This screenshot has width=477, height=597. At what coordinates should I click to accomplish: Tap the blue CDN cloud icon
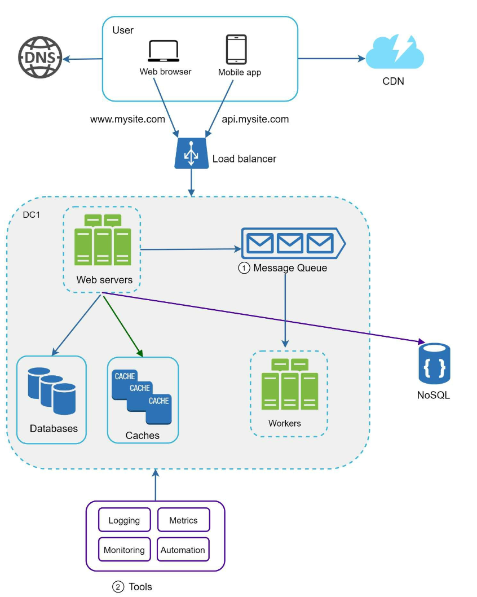point(394,52)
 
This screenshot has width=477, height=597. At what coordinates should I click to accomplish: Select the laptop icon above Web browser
point(164,51)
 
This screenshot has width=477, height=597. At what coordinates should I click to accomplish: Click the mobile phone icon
point(236,50)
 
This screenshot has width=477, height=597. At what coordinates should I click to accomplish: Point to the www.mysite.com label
point(127,120)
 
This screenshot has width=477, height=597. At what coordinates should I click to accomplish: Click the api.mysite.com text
point(255,120)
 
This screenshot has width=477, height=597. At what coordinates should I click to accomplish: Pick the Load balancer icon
point(191,152)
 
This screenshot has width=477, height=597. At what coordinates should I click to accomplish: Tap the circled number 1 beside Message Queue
point(244,269)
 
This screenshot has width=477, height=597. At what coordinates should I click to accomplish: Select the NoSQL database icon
point(434,363)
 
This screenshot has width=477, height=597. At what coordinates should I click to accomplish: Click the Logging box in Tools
point(124,520)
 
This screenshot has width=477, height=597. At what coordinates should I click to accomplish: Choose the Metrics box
point(183,520)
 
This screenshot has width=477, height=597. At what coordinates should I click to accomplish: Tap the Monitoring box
point(124,550)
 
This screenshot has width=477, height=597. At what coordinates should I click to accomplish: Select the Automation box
point(183,550)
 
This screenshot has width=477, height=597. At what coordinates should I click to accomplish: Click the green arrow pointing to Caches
point(122,326)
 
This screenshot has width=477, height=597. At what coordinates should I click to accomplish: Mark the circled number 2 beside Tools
point(118,587)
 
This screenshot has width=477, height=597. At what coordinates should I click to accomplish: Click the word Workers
point(284,423)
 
